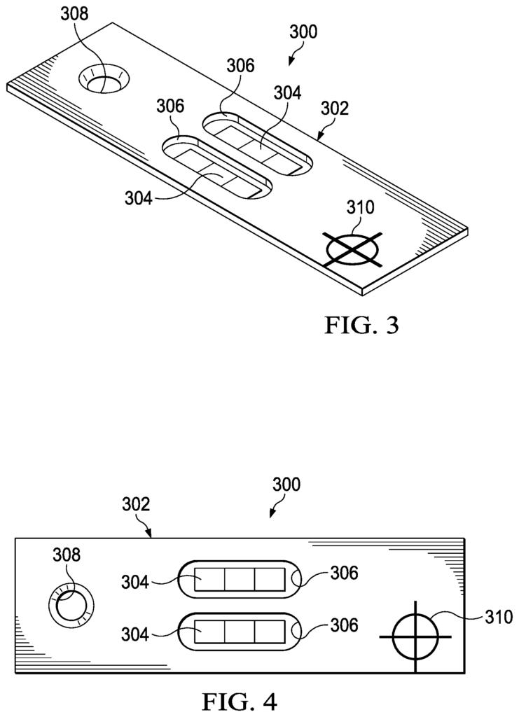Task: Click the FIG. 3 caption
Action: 361,325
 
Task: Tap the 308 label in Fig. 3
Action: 75,14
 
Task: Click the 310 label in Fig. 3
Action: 360,207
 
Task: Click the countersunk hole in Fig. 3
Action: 104,78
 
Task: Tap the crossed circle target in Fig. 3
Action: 354,250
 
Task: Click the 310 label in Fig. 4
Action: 499,618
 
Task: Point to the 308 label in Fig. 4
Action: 67,555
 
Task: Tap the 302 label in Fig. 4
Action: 137,504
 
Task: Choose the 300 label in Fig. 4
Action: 286,485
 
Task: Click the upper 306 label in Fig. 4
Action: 345,573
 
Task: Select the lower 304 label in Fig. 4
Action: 135,634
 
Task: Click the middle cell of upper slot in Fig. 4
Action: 239,579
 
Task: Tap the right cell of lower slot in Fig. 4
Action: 270,632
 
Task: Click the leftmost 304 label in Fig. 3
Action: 138,198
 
